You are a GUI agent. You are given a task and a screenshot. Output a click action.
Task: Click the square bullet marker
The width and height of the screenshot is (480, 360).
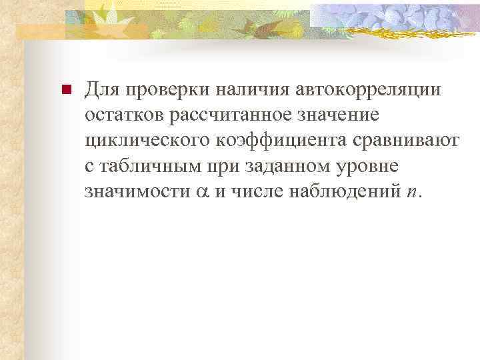[x=65, y=90]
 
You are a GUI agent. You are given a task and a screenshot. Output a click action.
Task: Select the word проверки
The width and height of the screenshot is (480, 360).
[x=157, y=90]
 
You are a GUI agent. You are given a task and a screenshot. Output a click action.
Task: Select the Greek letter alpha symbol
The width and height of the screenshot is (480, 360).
[x=201, y=192]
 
